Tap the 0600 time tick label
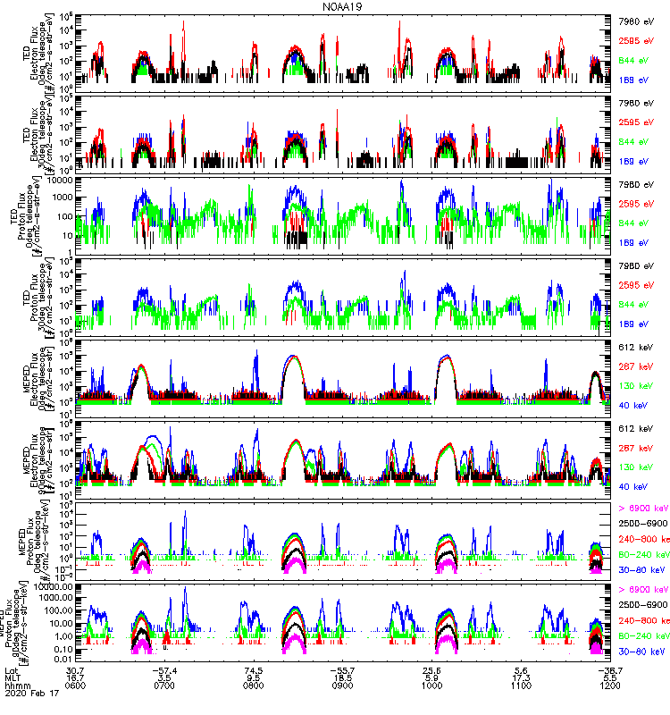point(76,688)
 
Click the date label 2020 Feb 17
point(29,697)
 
